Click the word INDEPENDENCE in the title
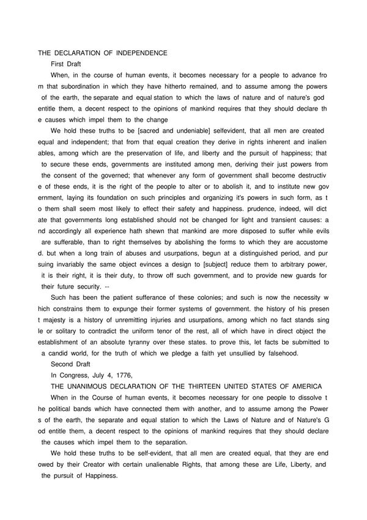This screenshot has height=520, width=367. coord(138,53)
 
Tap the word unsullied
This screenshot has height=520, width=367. coord(230,353)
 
